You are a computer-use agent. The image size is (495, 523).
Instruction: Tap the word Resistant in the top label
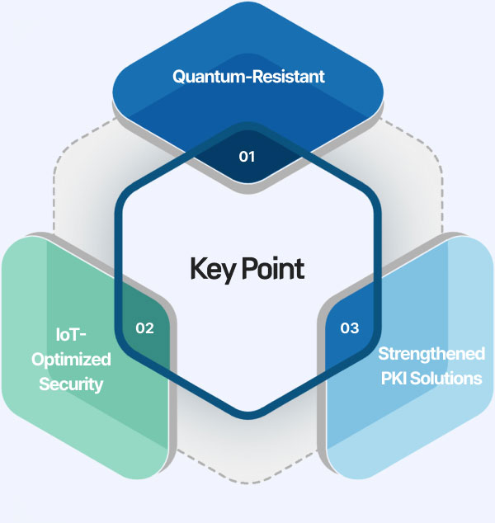(285, 77)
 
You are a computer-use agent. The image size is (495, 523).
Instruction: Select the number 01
(247, 156)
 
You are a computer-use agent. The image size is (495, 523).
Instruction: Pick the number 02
(144, 328)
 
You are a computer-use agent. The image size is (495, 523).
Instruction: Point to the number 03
(350, 328)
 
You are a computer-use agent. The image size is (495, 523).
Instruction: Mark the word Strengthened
(430, 355)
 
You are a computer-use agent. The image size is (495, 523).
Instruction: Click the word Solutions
(445, 379)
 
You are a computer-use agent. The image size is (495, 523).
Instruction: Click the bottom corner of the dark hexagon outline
(247, 410)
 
